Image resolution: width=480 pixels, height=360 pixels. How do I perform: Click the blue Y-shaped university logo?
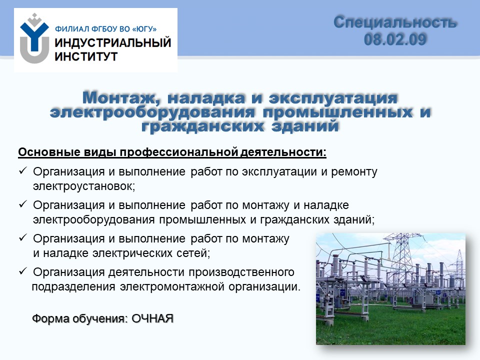34,38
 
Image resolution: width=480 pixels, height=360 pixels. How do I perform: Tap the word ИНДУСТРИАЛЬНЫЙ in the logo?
113,42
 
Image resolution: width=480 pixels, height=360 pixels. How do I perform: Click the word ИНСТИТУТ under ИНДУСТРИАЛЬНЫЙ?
86,56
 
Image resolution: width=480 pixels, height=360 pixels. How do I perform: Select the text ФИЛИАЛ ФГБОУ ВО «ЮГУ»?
106,29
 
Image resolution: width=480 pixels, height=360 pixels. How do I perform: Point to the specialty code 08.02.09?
395,39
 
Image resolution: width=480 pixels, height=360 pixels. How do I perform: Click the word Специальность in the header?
395,22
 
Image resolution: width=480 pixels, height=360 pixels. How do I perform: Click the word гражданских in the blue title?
202,126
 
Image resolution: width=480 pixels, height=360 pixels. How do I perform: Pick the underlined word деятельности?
283,152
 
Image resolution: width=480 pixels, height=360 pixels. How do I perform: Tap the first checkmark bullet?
23,171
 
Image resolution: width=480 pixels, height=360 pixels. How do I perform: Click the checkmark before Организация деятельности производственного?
23,271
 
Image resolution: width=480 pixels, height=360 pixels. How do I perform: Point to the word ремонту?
354,172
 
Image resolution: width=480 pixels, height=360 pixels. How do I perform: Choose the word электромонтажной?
171,287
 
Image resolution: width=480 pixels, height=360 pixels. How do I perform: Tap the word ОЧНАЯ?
152,318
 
